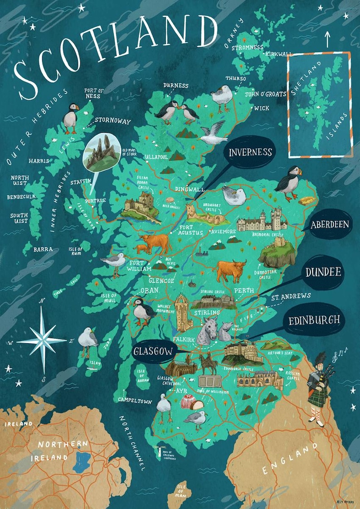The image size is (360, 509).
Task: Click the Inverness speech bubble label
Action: point(250,152)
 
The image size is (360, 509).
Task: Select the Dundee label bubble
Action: point(323,272)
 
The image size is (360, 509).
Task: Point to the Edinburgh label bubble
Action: point(314,320)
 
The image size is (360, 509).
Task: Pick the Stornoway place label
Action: point(112,121)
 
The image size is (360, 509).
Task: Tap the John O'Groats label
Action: point(265,94)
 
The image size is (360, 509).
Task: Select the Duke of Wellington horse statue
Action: point(207,363)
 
